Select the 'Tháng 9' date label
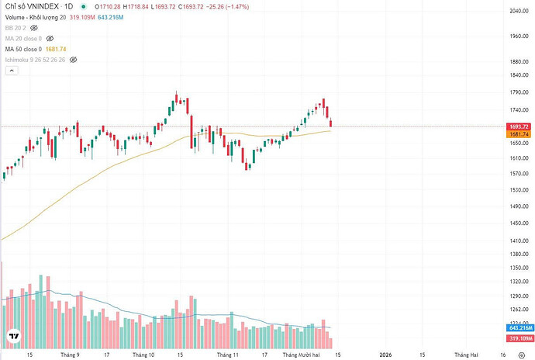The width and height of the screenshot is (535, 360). pos(72,354)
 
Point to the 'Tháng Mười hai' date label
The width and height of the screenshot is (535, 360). pos(302,354)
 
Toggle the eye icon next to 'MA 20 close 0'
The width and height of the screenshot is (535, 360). pos(50,36)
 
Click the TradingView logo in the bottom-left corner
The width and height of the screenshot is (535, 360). pos(14,336)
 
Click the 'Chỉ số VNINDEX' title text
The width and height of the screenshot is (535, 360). pos(31,6)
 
